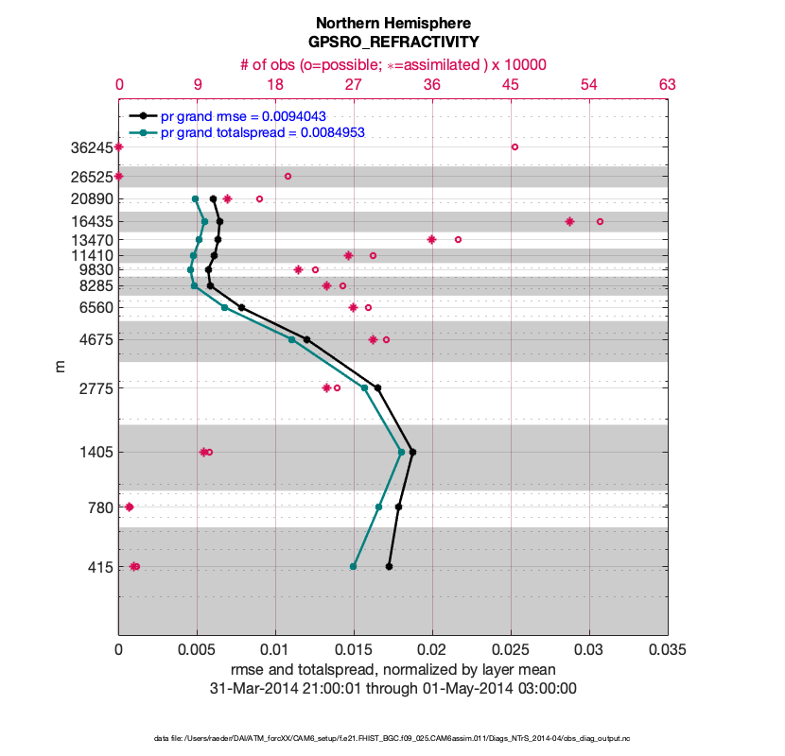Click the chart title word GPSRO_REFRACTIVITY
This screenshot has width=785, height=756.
pyautogui.click(x=392, y=43)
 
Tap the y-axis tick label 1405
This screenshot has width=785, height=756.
pyautogui.click(x=96, y=453)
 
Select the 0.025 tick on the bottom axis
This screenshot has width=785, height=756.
pyautogui.click(x=511, y=650)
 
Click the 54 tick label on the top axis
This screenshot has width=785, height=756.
pyautogui.click(x=588, y=84)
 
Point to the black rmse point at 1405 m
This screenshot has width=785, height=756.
pyautogui.click(x=412, y=452)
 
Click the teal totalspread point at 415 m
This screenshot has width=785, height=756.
pyautogui.click(x=354, y=566)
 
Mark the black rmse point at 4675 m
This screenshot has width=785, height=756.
pyautogui.click(x=306, y=339)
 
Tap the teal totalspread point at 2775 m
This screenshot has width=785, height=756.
pyautogui.click(x=364, y=387)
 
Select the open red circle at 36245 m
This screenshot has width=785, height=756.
pyautogui.click(x=515, y=146)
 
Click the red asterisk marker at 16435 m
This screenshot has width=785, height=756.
pyautogui.click(x=569, y=221)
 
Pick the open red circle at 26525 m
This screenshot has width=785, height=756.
pyautogui.click(x=288, y=176)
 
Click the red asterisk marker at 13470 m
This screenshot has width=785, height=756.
pyautogui.click(x=431, y=239)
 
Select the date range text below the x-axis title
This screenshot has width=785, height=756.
pyautogui.click(x=392, y=688)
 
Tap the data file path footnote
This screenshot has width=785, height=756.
pyautogui.click(x=392, y=737)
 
